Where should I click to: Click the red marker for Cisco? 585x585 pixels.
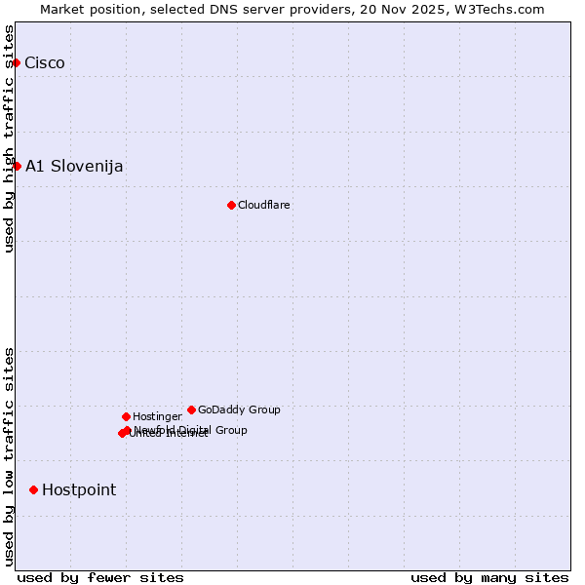pyautogui.click(x=16, y=63)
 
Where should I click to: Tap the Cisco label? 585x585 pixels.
pyautogui.click(x=45, y=63)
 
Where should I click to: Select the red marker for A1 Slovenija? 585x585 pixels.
pyautogui.click(x=17, y=166)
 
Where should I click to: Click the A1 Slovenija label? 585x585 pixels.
pyautogui.click(x=74, y=166)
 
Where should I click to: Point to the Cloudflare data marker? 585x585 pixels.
pyautogui.click(x=231, y=205)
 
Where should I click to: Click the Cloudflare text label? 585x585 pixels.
pyautogui.click(x=264, y=205)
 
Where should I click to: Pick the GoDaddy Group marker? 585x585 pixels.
pyautogui.click(x=191, y=409)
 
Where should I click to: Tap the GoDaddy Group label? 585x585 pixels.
pyautogui.click(x=239, y=409)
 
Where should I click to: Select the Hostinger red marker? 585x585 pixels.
pyautogui.click(x=126, y=416)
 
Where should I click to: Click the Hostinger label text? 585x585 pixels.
pyautogui.click(x=157, y=416)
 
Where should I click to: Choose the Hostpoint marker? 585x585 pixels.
pyautogui.click(x=33, y=489)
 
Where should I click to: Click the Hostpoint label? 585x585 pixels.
pyautogui.click(x=79, y=489)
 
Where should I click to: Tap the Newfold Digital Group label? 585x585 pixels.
pyautogui.click(x=191, y=429)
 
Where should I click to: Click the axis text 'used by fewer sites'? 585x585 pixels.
pyautogui.click(x=100, y=577)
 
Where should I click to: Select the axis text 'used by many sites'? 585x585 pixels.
pyautogui.click(x=489, y=577)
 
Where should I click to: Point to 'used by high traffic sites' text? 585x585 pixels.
pyautogui.click(x=9, y=137)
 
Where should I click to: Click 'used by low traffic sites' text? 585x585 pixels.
pyautogui.click(x=9, y=456)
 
